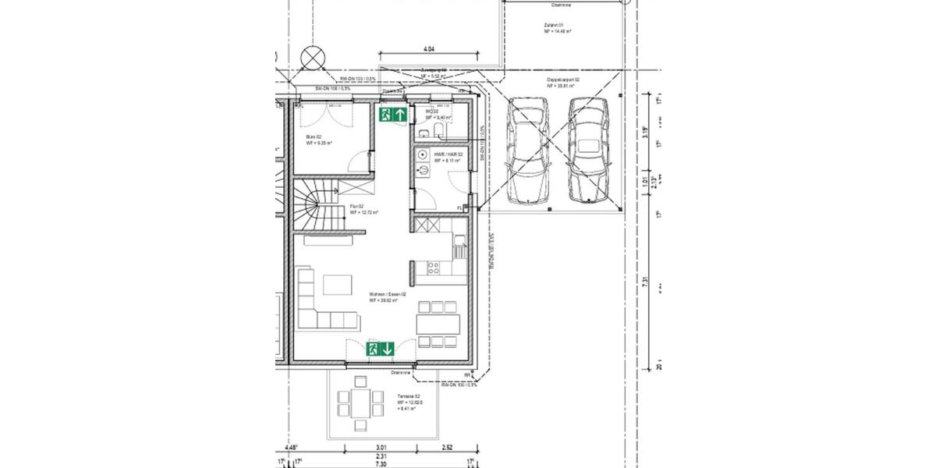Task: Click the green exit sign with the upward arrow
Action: [x=393, y=115]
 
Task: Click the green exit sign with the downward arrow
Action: [x=381, y=348]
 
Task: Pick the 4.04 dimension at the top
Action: [x=428, y=49]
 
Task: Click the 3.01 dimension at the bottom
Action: [x=370, y=448]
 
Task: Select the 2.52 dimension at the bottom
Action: [x=447, y=448]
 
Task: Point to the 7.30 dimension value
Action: [x=380, y=463]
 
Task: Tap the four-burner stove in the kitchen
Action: [x=432, y=268]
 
